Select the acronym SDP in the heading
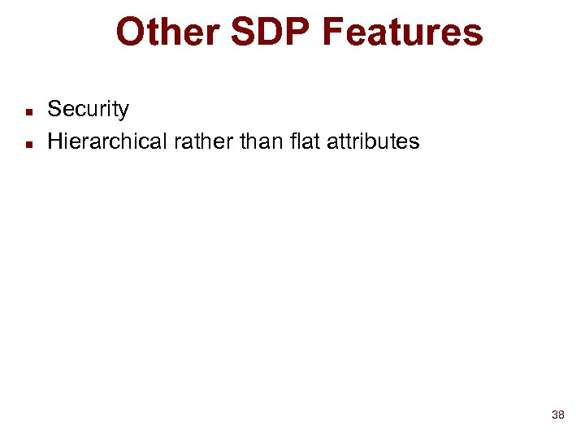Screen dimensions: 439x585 pyautogui.click(x=266, y=33)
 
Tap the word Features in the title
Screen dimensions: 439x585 pyautogui.click(x=402, y=33)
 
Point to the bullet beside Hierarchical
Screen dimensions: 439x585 pyautogui.click(x=28, y=143)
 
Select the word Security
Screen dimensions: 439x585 pyautogui.click(x=88, y=110)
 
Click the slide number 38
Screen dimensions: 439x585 pyautogui.click(x=557, y=415)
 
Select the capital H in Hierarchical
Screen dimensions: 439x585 pyautogui.click(x=55, y=141)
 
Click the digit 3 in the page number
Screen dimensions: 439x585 pyautogui.click(x=554, y=415)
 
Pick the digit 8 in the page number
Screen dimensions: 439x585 pyautogui.click(x=561, y=415)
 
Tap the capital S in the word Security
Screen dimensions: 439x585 pyautogui.click(x=54, y=110)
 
